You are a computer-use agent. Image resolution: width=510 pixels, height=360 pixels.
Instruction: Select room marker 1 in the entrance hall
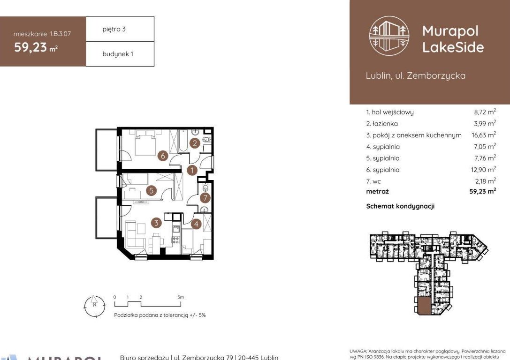click(x=191, y=170)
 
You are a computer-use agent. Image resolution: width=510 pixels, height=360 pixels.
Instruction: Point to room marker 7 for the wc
click(x=205, y=198)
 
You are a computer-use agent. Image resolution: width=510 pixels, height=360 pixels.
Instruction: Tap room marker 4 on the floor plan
click(x=197, y=224)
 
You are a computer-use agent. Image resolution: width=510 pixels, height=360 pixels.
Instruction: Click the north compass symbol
click(x=93, y=305)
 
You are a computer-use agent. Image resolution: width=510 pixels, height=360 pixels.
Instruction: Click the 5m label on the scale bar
click(x=181, y=297)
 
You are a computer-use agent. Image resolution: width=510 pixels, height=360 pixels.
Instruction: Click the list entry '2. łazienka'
click(x=382, y=124)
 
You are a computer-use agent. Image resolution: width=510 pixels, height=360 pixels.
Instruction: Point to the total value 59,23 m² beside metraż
click(x=484, y=191)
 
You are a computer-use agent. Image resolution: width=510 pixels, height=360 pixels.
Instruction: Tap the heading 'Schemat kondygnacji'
click(x=400, y=206)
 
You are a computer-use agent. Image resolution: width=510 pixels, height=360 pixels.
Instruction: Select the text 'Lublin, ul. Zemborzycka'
click(x=415, y=75)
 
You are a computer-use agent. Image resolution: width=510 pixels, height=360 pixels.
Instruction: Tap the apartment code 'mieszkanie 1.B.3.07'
click(x=43, y=34)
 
